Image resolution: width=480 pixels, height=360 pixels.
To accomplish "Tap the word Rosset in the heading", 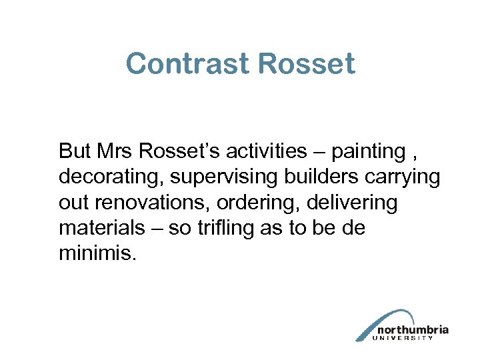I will [306, 65].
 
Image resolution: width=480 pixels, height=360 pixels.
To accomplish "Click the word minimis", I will [97, 253].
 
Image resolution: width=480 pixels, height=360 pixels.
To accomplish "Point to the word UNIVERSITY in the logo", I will [413, 338].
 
